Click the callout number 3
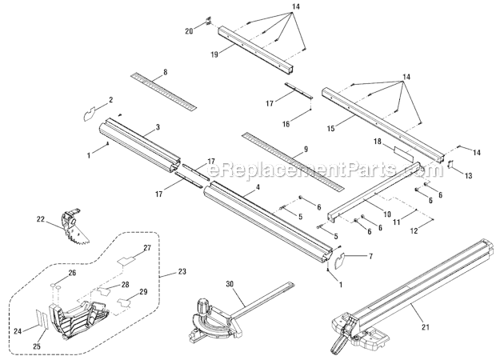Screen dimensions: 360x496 click(x=158, y=127)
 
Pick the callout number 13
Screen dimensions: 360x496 click(x=470, y=175)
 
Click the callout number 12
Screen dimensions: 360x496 click(x=414, y=231)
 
